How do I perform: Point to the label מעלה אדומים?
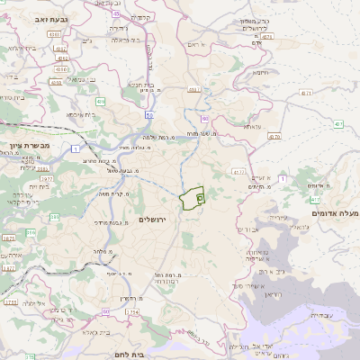[x=338, y=212]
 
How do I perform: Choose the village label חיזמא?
[x=261, y=72]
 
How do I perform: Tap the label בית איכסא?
[x=80, y=114]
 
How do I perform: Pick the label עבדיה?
[x=319, y=315]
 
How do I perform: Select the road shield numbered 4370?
[x=274, y=137]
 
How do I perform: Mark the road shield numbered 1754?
[x=132, y=312]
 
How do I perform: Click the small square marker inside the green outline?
[x=200, y=194]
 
